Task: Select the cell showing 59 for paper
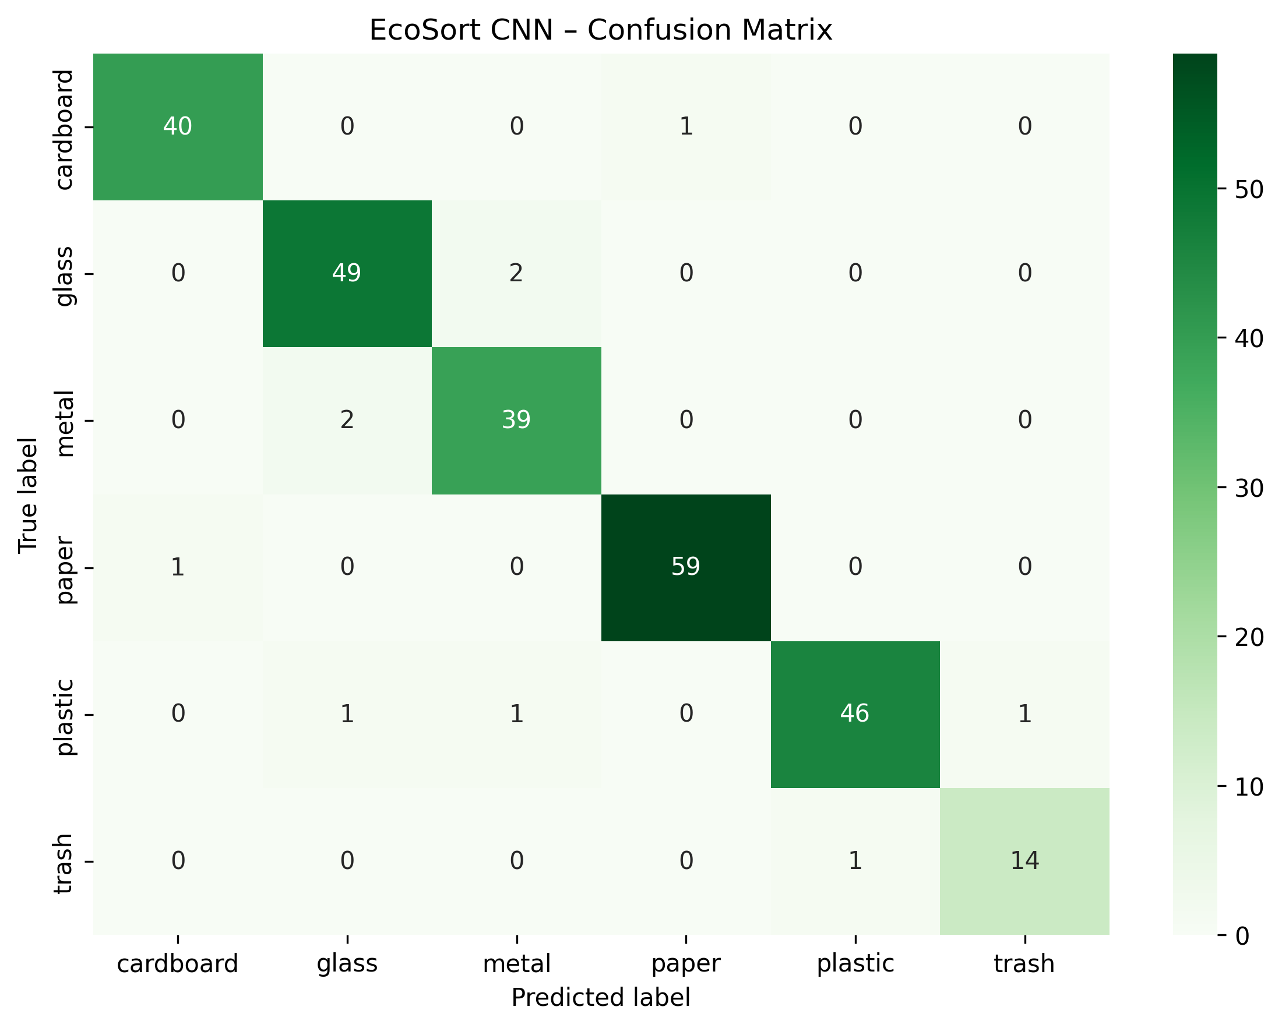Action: point(686,567)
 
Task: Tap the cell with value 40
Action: point(178,126)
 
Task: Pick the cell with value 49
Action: point(347,273)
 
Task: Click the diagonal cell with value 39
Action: point(516,420)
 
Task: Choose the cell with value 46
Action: point(855,713)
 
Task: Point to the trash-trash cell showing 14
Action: point(1024,860)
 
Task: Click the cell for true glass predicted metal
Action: point(516,273)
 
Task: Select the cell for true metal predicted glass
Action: point(347,420)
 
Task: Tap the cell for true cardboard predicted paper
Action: point(686,126)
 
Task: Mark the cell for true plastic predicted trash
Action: point(1024,713)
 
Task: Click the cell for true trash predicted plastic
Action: point(855,860)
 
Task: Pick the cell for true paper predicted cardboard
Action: point(178,567)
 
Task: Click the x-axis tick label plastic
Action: point(855,964)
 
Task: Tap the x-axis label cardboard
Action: point(178,964)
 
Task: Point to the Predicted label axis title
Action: point(601,998)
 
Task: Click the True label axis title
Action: point(28,495)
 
